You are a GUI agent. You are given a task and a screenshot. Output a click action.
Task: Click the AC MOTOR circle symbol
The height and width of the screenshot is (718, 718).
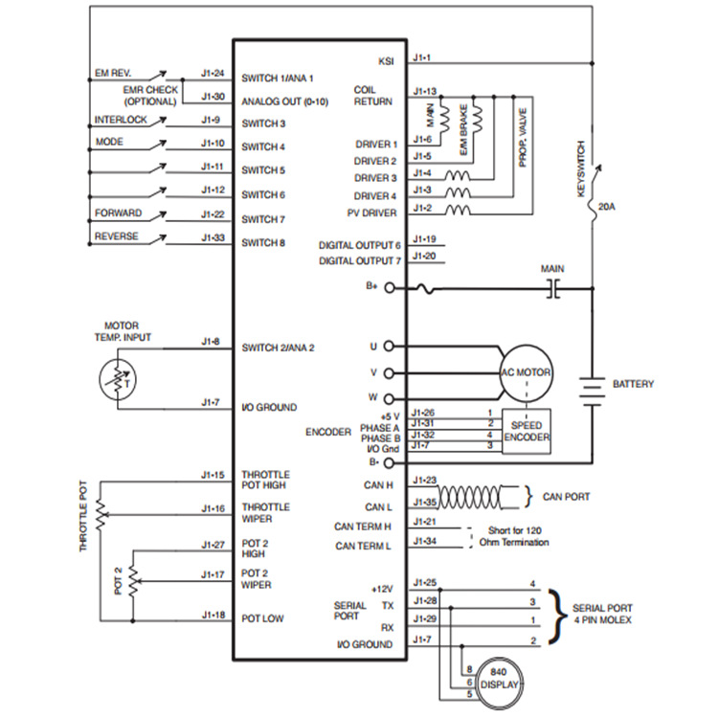point(527,372)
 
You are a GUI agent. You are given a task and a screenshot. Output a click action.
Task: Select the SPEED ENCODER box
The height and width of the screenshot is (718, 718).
point(527,431)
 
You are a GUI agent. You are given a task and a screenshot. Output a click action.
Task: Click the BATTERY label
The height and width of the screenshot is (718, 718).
point(632,384)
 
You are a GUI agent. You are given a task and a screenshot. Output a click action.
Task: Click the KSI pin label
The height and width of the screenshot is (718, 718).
point(386,61)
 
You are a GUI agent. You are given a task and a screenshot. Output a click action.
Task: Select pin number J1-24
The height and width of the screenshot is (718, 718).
point(213,73)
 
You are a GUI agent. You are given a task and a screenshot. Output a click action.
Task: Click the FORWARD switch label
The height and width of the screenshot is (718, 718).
point(117,213)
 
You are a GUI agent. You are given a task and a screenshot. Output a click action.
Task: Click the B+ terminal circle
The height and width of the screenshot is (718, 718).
point(389,288)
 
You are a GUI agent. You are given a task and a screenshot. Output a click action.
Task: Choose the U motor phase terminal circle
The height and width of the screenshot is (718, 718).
point(389,347)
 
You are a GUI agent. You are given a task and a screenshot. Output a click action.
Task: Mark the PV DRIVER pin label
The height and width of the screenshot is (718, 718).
point(370,213)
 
